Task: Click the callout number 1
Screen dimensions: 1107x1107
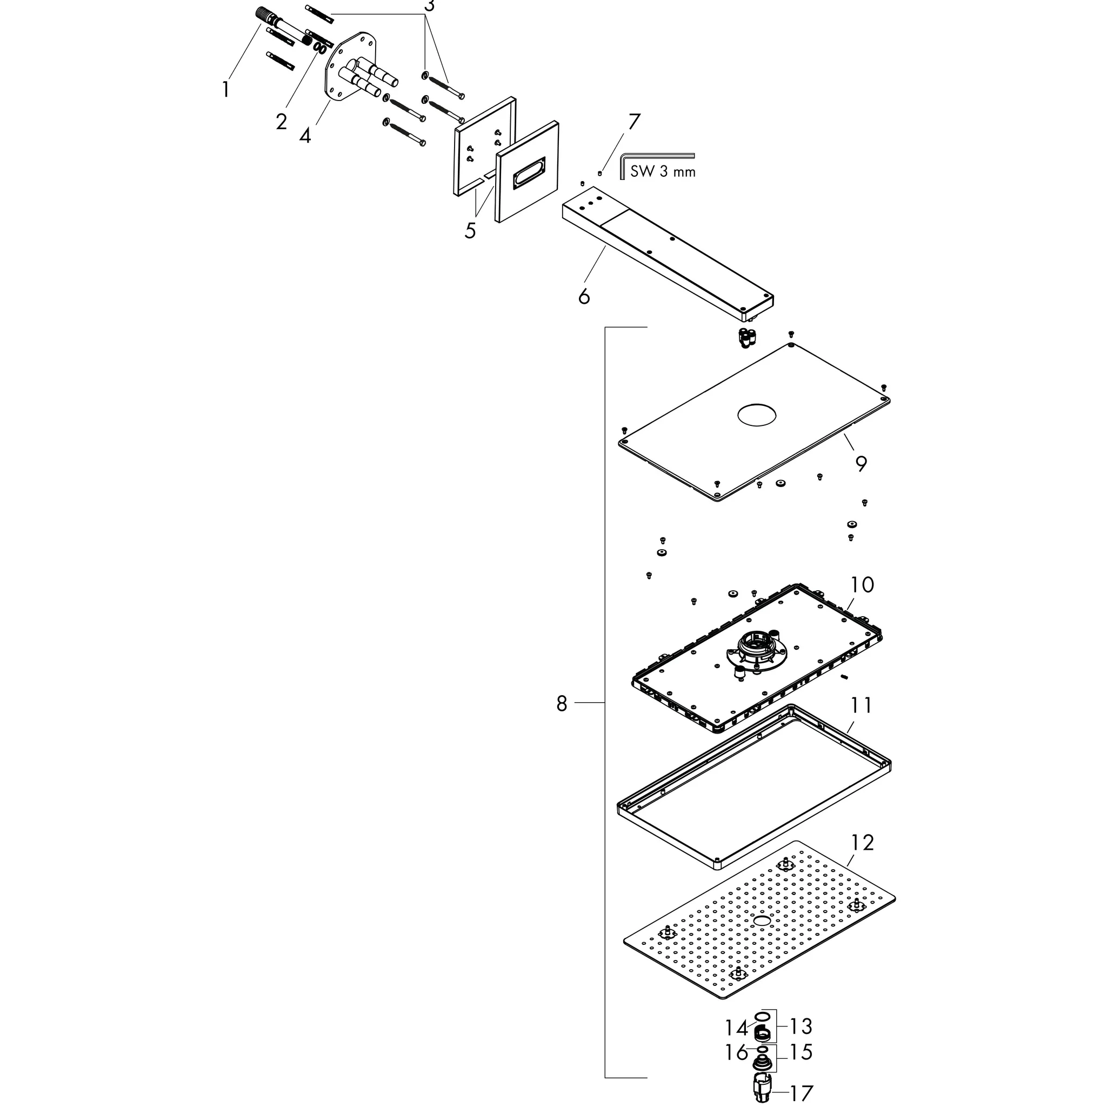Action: point(226,89)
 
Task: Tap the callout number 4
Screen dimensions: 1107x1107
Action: point(305,136)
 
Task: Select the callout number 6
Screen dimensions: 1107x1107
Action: point(584,296)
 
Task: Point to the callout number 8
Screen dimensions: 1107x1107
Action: point(562,703)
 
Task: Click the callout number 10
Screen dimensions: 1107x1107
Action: point(862,585)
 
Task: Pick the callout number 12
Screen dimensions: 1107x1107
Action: point(862,843)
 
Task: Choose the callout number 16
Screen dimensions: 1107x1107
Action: point(737,1052)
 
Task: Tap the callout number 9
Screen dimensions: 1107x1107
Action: point(861,464)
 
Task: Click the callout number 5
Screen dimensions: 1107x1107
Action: point(470,230)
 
